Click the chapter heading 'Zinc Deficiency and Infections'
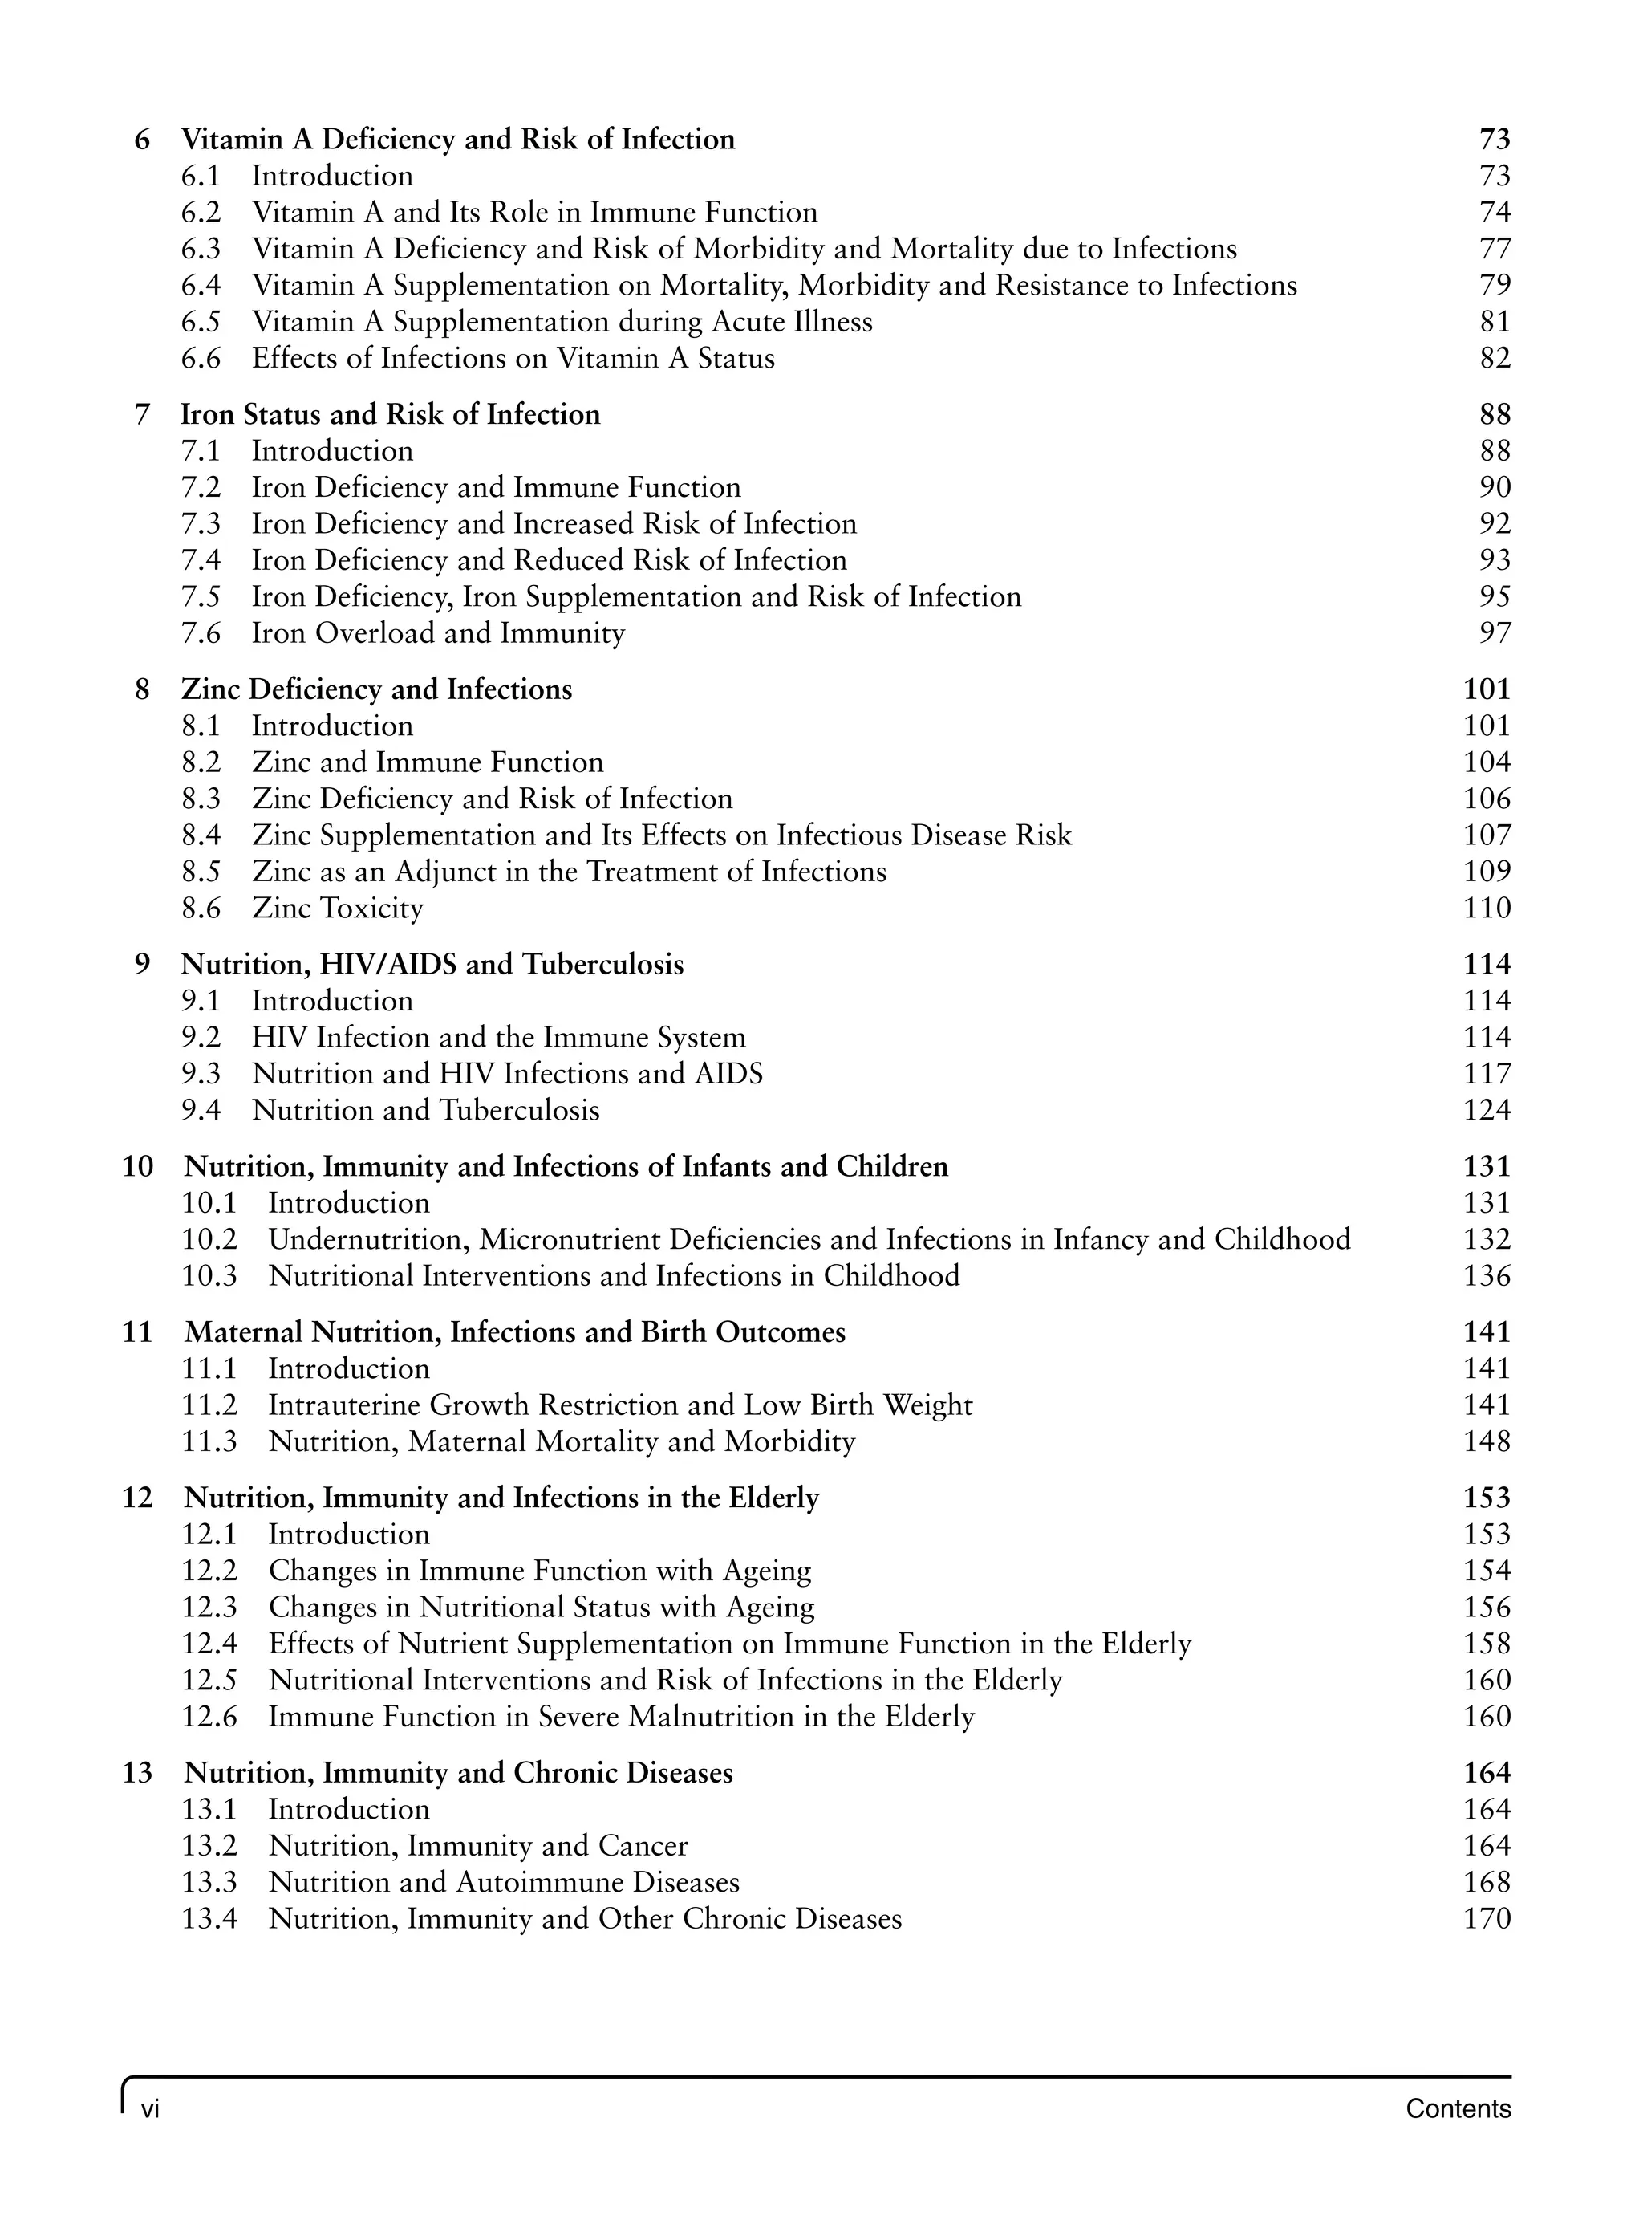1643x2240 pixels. [376, 689]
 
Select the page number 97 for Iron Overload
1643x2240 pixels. [1494, 632]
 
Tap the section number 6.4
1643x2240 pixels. [200, 286]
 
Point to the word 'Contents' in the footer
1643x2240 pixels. [1457, 2108]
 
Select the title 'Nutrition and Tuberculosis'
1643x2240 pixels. [426, 1110]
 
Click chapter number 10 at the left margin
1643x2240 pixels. [137, 1166]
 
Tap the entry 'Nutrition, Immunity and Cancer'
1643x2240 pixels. [477, 1846]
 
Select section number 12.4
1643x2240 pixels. [209, 1644]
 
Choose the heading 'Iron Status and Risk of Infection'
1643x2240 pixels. [390, 414]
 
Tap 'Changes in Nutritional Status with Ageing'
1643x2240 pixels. [541, 1608]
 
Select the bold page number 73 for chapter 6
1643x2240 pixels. [1494, 140]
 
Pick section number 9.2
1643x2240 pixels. [200, 1038]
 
